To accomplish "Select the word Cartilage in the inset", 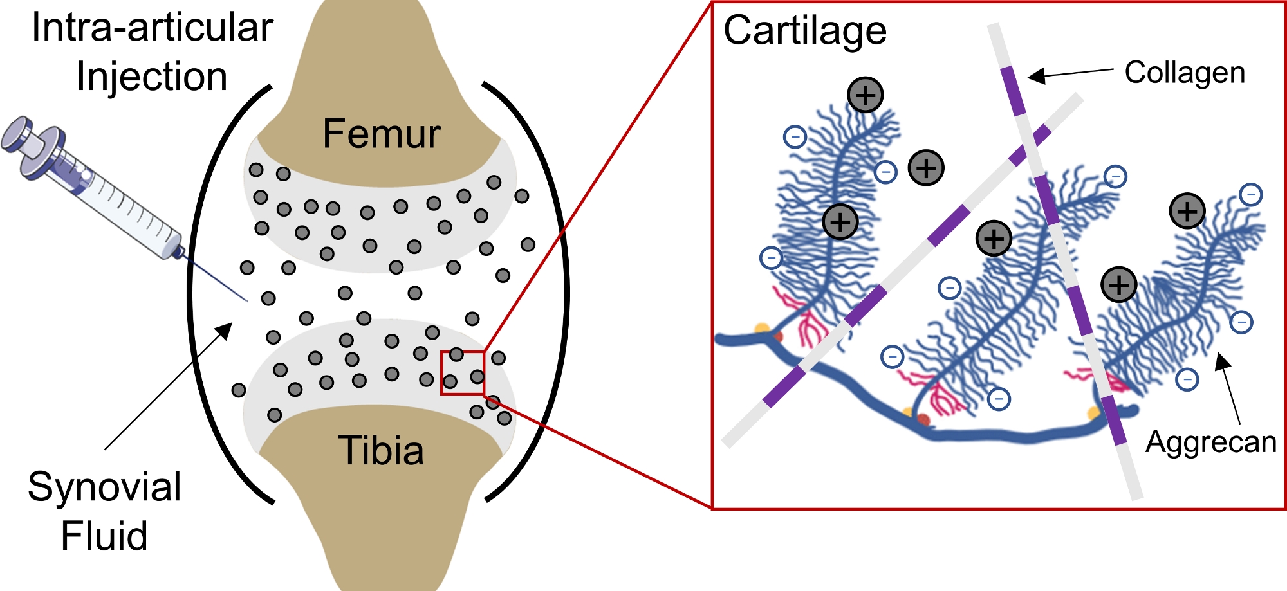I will click(x=805, y=31).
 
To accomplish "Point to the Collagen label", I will click(x=1185, y=73).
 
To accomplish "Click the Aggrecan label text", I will click(x=1210, y=442).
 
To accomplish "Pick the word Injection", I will click(x=152, y=77).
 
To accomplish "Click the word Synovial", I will click(x=104, y=487).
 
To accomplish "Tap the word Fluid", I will click(x=104, y=536).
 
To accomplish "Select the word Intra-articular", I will click(x=153, y=28).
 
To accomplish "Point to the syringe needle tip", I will click(x=246, y=300).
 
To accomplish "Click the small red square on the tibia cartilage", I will click(x=463, y=372).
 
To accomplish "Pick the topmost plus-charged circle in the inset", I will click(x=865, y=95).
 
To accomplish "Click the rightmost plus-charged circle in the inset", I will click(x=1187, y=211).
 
